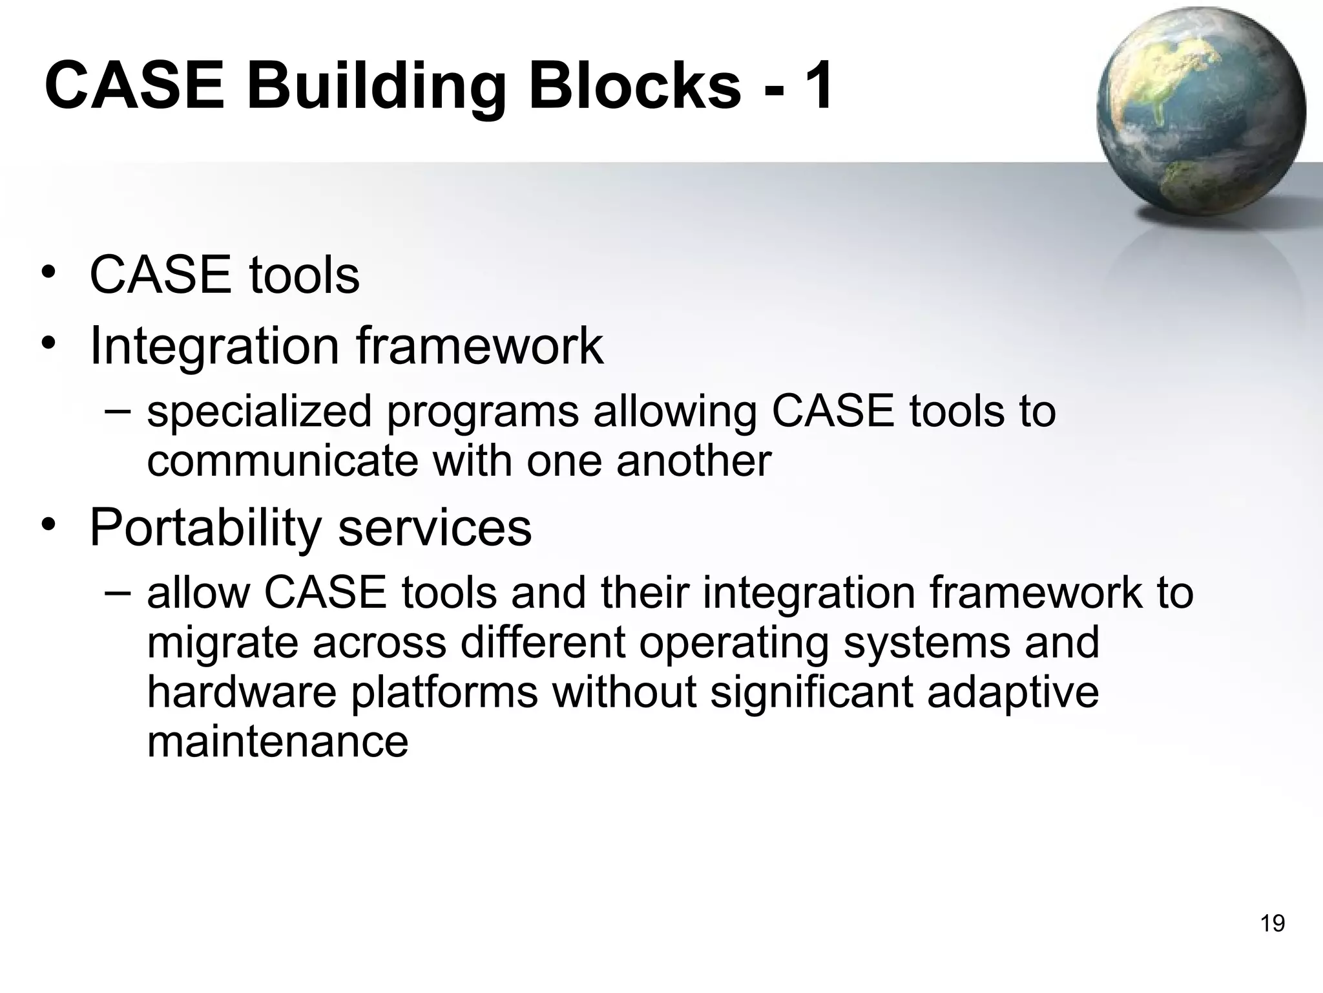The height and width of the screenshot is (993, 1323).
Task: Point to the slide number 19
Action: [1272, 924]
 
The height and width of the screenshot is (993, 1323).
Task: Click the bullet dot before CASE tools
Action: [48, 273]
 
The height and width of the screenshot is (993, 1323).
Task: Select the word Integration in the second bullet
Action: [214, 347]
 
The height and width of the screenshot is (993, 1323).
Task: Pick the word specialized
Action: [259, 412]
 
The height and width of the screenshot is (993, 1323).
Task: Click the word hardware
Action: [242, 692]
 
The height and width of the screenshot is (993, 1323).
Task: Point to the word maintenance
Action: [277, 742]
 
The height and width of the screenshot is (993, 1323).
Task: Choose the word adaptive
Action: [1012, 692]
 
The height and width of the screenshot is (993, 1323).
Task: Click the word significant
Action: [811, 692]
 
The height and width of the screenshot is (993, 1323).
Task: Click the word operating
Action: [733, 643]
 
